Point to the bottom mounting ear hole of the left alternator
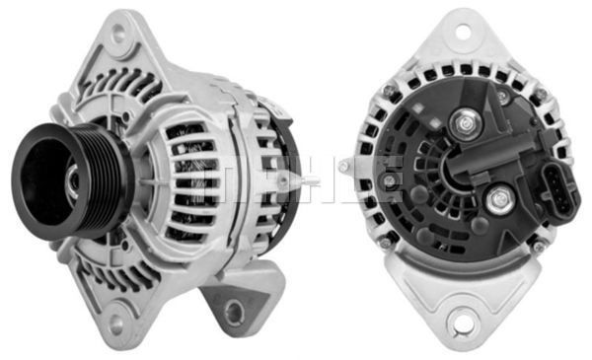(x=117, y=320)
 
